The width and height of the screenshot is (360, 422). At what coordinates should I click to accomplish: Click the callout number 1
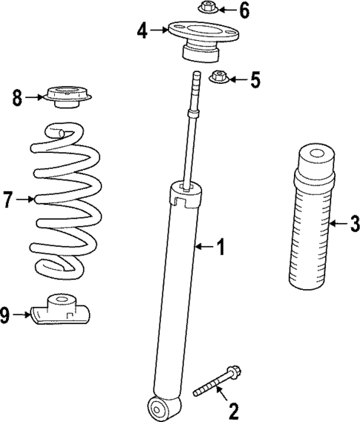pos(220,246)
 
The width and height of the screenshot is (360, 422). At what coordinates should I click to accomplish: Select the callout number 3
pos(354,221)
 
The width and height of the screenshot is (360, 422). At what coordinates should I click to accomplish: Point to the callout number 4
pos(142,30)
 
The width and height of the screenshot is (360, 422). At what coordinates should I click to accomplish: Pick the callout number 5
pos(256,79)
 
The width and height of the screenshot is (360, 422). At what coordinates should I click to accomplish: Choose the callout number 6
pos(244,10)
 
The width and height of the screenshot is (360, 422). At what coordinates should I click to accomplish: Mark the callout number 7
pos(7,199)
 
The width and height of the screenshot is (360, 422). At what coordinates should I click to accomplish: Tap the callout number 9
pos(6,316)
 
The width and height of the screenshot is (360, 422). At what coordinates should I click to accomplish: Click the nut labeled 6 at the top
pos(207,10)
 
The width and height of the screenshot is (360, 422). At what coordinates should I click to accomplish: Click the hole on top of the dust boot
pos(315,155)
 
